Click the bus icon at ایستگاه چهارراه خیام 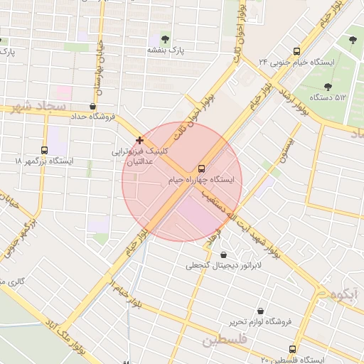point(202,168)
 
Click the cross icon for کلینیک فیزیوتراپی point(139,140)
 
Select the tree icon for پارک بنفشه point(166,39)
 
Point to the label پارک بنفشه point(166,50)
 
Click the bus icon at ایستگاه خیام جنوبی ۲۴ point(297,50)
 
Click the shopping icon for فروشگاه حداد point(94,106)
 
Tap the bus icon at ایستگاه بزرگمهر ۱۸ point(44,150)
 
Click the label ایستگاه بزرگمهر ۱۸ point(44,161)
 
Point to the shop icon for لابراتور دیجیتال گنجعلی point(225,255)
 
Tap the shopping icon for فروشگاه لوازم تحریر point(261,311)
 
